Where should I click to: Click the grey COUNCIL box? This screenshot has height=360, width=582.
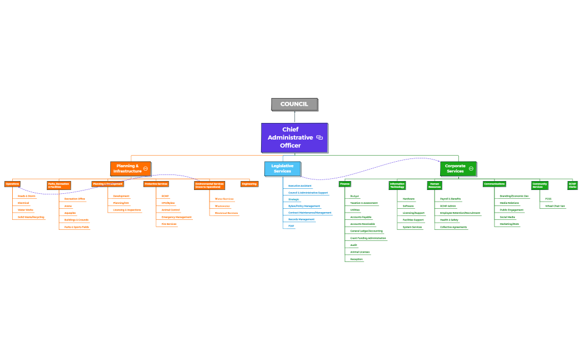(294, 104)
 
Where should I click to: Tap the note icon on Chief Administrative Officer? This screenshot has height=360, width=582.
(319, 137)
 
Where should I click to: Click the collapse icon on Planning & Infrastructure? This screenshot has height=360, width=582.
(145, 168)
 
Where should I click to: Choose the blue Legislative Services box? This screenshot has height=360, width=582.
(282, 168)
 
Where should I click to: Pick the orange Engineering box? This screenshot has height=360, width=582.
(249, 184)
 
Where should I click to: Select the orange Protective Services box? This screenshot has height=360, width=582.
(156, 184)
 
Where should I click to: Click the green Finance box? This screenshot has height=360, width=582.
(345, 184)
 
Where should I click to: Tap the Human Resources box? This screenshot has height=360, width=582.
(435, 186)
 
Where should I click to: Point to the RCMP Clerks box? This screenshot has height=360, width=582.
(572, 186)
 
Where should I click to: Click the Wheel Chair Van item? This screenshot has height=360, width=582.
(555, 206)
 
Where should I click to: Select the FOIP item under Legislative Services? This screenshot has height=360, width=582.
(291, 226)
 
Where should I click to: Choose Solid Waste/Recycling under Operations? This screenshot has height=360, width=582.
(30, 217)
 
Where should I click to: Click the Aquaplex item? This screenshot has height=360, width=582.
(70, 213)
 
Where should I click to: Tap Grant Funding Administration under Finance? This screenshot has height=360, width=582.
(368, 238)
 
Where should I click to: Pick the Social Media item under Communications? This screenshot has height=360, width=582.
(507, 217)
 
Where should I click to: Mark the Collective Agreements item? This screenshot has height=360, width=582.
(453, 227)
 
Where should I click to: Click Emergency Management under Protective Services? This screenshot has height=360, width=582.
(176, 217)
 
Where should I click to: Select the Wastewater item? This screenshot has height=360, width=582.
(222, 206)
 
